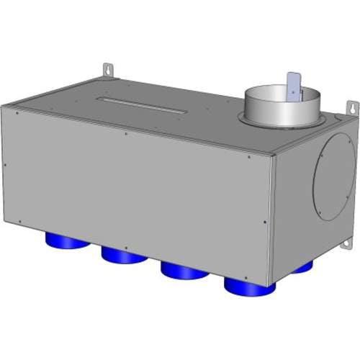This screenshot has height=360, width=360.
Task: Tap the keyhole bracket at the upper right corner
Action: click(x=354, y=107)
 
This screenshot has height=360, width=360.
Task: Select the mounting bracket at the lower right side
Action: click(x=346, y=246)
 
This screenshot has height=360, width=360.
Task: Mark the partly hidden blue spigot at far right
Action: click(x=303, y=267)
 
